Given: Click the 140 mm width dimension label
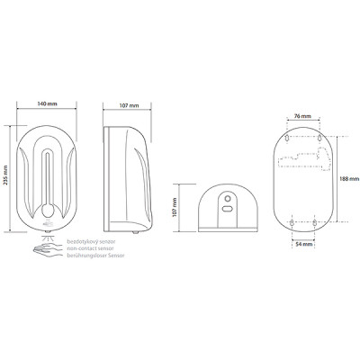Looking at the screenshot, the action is click(47, 103).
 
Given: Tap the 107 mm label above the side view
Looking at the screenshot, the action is click(129, 105).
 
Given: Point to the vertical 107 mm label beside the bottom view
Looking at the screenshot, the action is click(175, 207).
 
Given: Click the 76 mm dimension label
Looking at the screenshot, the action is click(302, 116).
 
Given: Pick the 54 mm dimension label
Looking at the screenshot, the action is click(304, 244).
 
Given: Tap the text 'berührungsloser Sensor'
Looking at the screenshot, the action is click(95, 256).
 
